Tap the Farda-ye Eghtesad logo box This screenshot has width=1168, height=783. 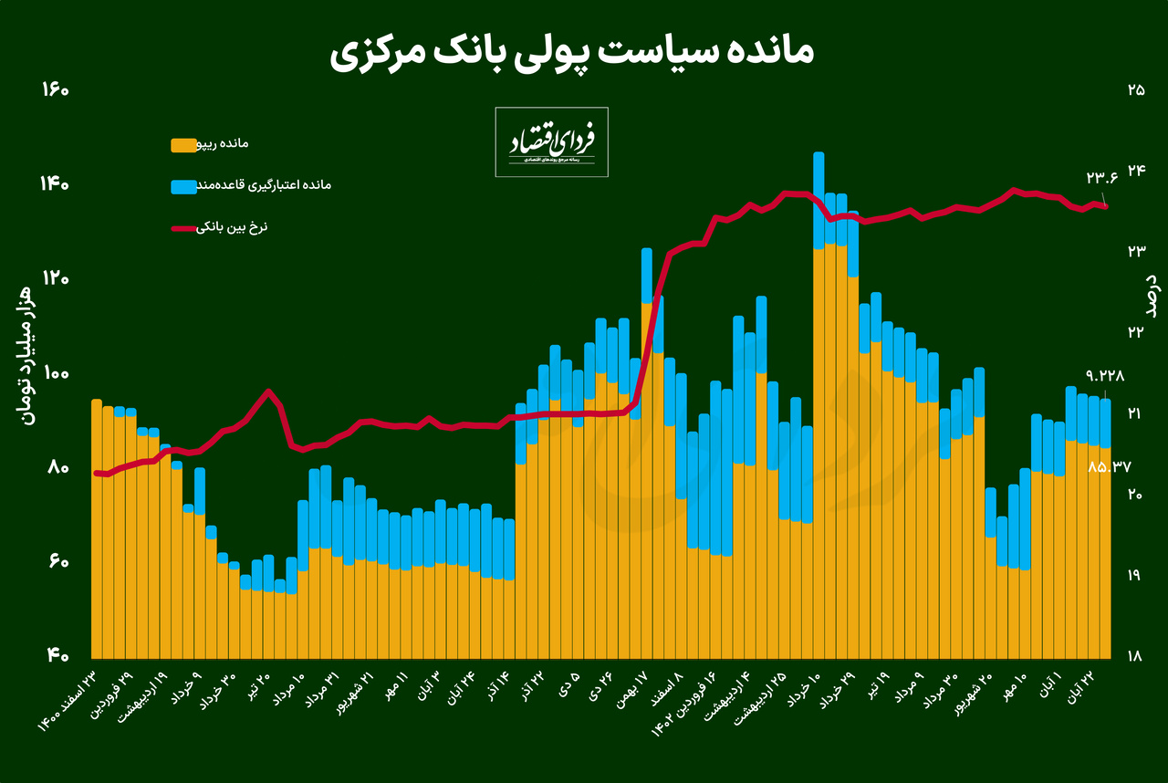pyautogui.click(x=551, y=141)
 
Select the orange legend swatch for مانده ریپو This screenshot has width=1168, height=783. pyautogui.click(x=183, y=144)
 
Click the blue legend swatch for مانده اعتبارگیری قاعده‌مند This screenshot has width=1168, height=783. pyautogui.click(x=183, y=186)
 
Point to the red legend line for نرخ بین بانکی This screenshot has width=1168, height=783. pyautogui.click(x=183, y=227)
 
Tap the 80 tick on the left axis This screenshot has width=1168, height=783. pyautogui.click(x=56, y=467)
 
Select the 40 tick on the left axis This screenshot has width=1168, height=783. pyautogui.click(x=56, y=654)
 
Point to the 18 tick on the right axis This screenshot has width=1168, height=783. pyautogui.click(x=1136, y=655)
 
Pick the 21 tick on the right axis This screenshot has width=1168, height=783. pyautogui.click(x=1136, y=413)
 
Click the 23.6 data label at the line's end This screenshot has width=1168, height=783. pyautogui.click(x=1101, y=178)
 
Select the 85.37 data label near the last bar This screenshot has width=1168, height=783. pyautogui.click(x=1110, y=466)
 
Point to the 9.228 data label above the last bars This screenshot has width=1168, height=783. pyautogui.click(x=1105, y=375)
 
